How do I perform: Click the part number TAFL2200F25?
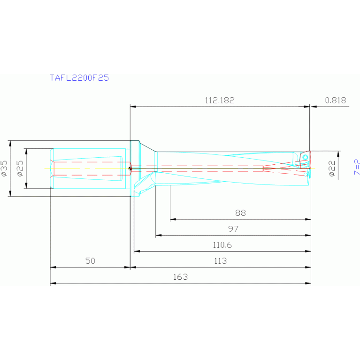[79, 78]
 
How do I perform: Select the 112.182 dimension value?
[219, 100]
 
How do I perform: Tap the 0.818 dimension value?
[335, 100]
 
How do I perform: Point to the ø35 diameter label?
[5, 168]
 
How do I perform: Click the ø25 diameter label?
[20, 168]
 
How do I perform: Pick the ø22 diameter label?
[332, 168]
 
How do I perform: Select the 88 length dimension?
[240, 213]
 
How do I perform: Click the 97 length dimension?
[233, 229]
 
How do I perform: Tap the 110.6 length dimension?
[222, 245]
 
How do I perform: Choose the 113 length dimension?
[220, 261]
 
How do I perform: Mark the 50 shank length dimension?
[90, 261]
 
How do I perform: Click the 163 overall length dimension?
[180, 277]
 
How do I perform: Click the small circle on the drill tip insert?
[306, 157]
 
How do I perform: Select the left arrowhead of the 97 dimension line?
[158, 235]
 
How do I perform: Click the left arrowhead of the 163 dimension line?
[53, 283]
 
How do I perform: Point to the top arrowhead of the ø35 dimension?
[10, 143]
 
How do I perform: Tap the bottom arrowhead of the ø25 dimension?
[26, 185]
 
